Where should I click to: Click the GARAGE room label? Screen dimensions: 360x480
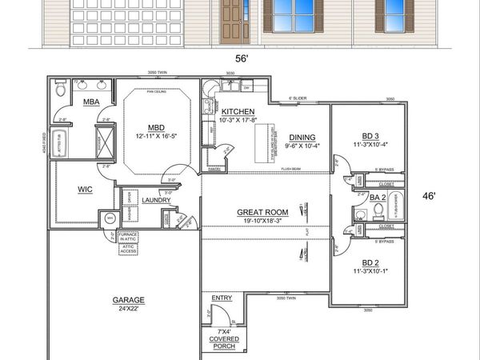click(128, 300)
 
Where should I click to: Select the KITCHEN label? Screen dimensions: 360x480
click(238, 112)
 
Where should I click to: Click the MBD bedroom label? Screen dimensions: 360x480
click(156, 126)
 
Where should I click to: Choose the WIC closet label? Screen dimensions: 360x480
click(86, 190)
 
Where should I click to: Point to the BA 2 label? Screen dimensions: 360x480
click(377, 197)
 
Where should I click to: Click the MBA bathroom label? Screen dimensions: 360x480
click(90, 102)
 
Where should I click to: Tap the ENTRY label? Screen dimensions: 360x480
click(222, 298)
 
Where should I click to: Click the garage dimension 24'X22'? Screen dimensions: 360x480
click(128, 309)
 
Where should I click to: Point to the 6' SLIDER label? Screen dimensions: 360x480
click(298, 98)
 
